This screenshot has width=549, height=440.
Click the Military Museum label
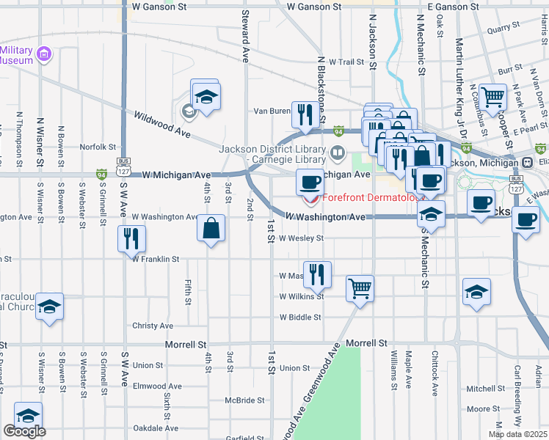16,55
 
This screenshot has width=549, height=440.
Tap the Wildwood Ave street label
161,125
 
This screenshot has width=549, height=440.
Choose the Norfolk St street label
98,146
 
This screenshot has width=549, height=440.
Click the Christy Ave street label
153,326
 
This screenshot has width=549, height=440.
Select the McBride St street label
244,400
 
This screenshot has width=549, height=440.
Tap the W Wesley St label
301,238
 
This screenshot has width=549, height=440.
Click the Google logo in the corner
24,431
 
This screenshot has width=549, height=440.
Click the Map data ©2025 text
517,434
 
